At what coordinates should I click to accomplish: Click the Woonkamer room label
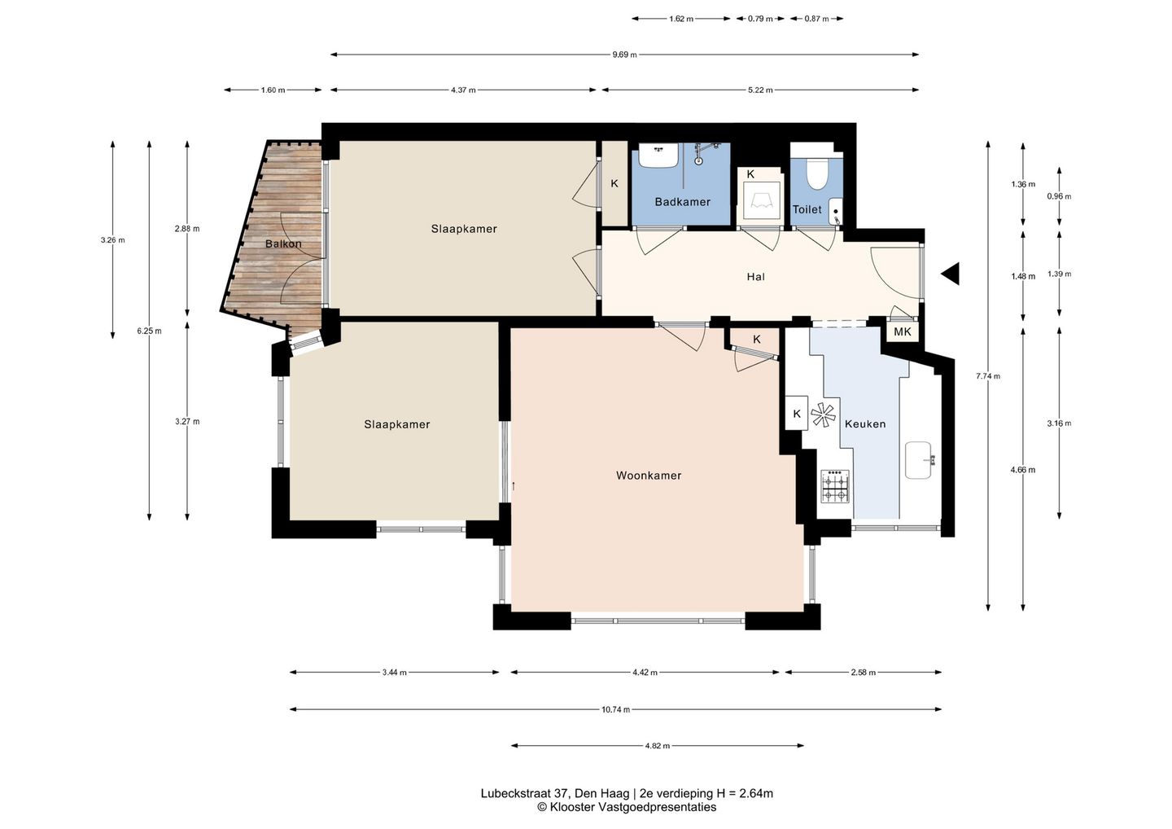[x=648, y=476]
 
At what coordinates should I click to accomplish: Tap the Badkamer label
[x=682, y=202]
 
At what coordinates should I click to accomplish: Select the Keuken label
[x=865, y=424]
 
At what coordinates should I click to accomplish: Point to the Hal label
[x=755, y=277]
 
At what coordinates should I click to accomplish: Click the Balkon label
[x=283, y=243]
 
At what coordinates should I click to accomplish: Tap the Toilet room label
[x=807, y=209]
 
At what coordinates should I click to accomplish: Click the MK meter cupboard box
[x=903, y=331]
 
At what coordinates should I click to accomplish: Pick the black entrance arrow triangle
[x=950, y=273]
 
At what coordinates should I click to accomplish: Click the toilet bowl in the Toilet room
[x=816, y=173]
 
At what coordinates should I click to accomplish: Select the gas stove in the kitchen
[x=835, y=486]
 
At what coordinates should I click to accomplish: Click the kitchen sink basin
[x=920, y=460]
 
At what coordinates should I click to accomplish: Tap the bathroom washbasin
[x=657, y=155]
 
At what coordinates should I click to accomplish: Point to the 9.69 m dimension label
[x=625, y=55]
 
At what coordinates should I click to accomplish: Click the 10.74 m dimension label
[x=616, y=709]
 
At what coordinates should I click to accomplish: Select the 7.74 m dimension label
[x=988, y=375]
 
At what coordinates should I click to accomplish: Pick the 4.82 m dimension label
[x=657, y=746]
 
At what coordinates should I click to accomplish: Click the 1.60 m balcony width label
[x=273, y=90]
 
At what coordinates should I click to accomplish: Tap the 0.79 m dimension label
[x=760, y=19]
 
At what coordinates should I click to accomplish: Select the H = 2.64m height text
[x=745, y=793]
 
